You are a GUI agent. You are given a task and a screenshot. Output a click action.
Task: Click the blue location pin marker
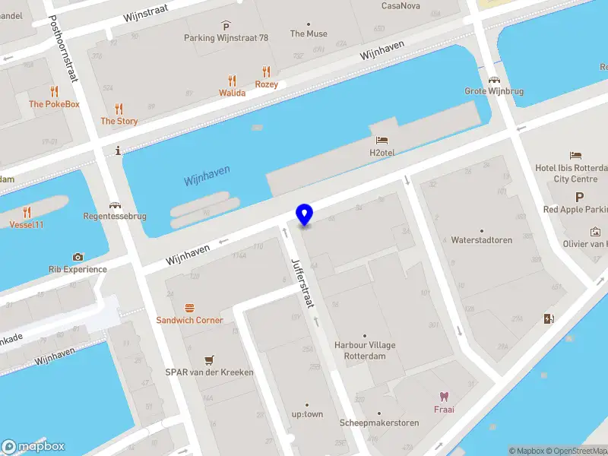304,214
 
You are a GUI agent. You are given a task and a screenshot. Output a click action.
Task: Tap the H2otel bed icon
382,140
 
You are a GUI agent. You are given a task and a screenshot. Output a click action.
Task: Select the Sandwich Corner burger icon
189,308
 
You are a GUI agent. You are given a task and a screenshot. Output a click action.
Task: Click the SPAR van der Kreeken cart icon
209,360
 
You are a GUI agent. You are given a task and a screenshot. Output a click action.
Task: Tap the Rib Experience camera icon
78,257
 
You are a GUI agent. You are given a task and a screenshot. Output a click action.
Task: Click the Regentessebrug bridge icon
115,204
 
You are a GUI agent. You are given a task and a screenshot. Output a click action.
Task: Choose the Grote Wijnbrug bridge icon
494,80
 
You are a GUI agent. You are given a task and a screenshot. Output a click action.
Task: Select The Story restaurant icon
119,109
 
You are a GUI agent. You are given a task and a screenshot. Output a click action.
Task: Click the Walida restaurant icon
232,81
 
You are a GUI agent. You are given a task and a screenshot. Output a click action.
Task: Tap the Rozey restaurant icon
266,72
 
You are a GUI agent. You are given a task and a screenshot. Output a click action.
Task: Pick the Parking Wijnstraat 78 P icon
226,26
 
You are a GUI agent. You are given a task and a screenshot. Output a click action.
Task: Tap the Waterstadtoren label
482,240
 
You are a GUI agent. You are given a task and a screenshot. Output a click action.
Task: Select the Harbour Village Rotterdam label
365,350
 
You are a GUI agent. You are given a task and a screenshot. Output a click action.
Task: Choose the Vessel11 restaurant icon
27,212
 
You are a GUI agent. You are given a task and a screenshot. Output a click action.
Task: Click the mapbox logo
33,447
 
